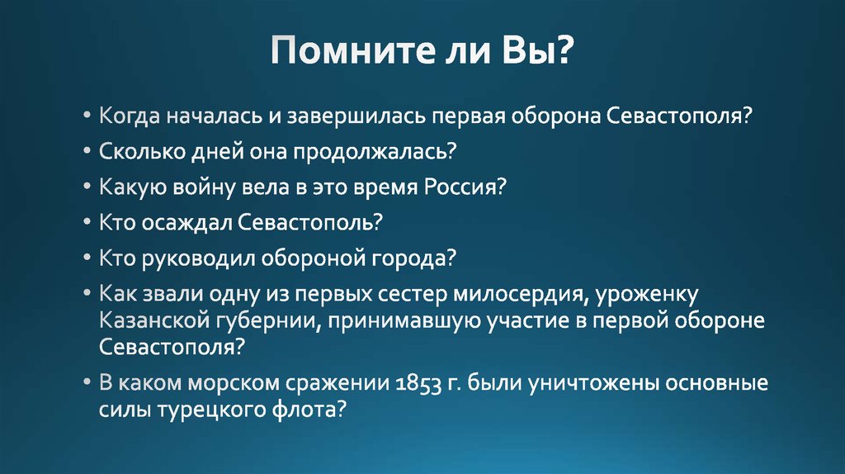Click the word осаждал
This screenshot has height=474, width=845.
click(186, 223)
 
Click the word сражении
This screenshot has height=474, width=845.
click(333, 384)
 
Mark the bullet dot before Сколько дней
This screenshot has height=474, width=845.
click(88, 153)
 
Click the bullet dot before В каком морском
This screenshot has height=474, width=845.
click(88, 384)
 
